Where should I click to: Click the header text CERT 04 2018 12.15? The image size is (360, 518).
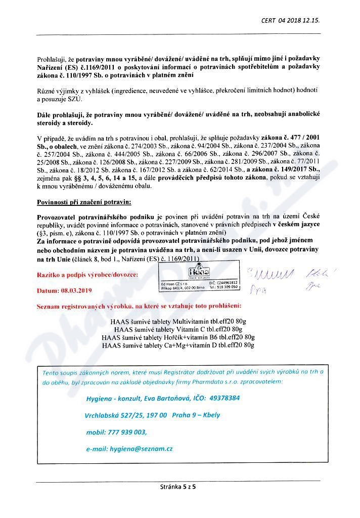coord(290,21)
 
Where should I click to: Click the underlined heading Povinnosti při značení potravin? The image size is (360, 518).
coord(84,202)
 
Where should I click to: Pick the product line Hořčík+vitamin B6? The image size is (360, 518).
coord(178,337)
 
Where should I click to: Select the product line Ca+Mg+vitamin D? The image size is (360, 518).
coord(178,345)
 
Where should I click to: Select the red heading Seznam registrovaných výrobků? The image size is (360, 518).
coord(139,307)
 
